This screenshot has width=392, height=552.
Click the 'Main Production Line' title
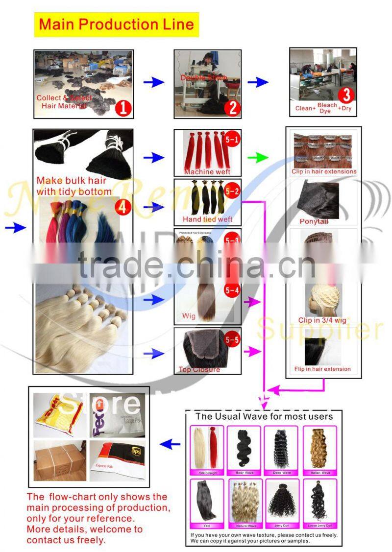(116, 24)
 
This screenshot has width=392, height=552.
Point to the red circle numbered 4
(123, 207)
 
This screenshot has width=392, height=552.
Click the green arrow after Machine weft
(258, 157)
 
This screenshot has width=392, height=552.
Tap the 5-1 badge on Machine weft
(231, 141)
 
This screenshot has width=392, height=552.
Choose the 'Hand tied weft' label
(207, 219)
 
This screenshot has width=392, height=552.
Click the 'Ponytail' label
(314, 221)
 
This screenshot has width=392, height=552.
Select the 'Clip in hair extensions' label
(324, 171)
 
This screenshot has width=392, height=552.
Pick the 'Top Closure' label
(199, 369)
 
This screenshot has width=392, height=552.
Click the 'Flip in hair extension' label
(322, 369)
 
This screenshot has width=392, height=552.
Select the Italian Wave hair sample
(319, 448)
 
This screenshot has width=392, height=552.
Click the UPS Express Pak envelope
(117, 460)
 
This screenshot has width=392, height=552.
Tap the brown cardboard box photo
(60, 460)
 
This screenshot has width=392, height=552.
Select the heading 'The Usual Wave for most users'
(264, 417)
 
